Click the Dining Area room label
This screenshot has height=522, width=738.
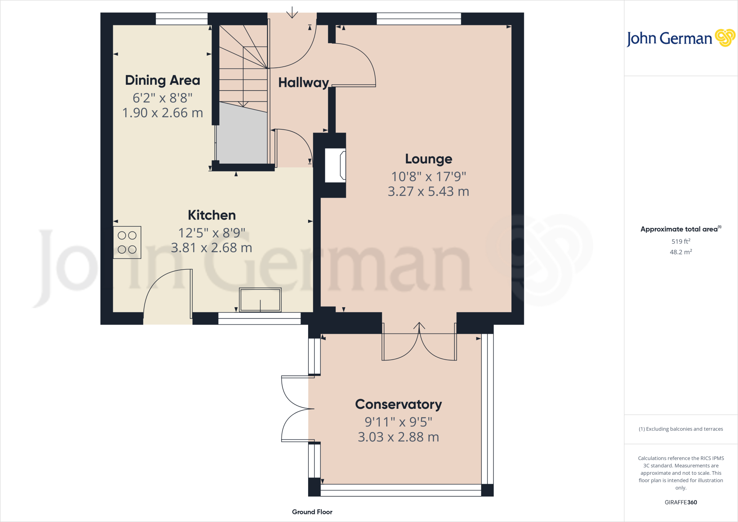click(163, 80)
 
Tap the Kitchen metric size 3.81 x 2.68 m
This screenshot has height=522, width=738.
click(212, 248)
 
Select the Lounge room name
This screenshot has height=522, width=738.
click(428, 159)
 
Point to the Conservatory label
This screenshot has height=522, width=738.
click(398, 404)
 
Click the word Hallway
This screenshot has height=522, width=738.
click(303, 83)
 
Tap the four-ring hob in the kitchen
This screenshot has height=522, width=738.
click(127, 242)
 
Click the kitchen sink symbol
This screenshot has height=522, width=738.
click(260, 300)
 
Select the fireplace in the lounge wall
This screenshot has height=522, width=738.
click(335, 165)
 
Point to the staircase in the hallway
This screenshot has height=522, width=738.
click(243, 65)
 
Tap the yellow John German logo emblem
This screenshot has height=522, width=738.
click(725, 38)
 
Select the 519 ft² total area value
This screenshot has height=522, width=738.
click(681, 242)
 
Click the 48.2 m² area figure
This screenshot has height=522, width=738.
click(681, 252)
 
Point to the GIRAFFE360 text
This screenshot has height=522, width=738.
click(681, 502)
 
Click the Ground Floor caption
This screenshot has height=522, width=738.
click(312, 512)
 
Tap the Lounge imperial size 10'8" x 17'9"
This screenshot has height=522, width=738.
click(428, 177)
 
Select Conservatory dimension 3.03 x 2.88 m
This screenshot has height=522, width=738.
click(398, 437)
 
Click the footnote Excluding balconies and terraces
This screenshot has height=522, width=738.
click(681, 429)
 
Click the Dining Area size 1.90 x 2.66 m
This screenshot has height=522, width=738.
click(163, 113)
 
